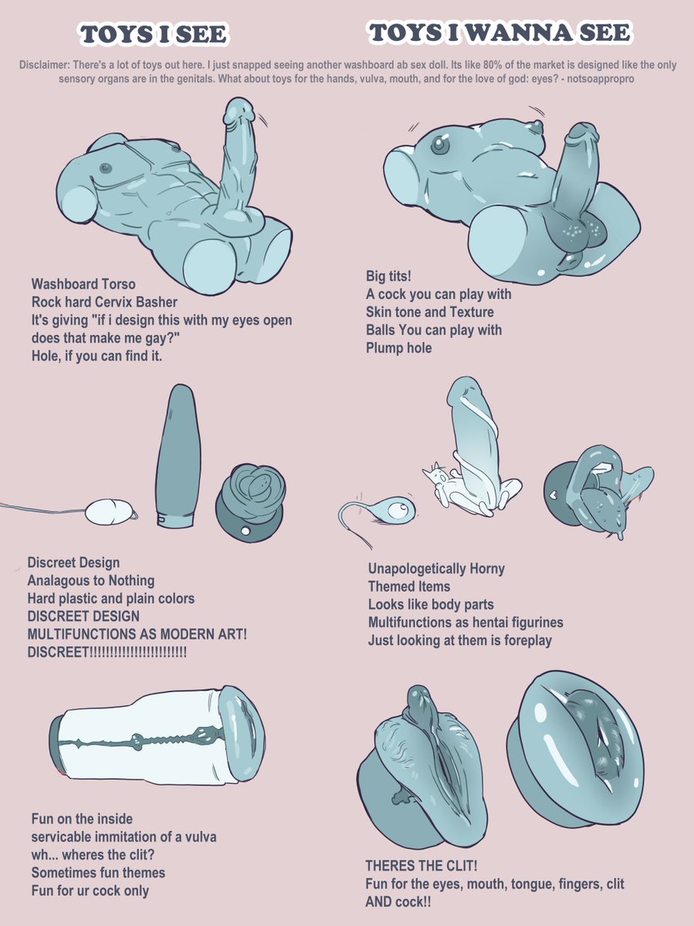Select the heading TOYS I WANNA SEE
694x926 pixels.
pos(499,33)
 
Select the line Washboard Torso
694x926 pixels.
pos(83,285)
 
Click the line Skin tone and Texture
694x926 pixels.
pos(430,313)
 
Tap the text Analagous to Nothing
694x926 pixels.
pos(91,580)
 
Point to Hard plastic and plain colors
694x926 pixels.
pos(111,598)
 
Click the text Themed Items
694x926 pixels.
pos(409,586)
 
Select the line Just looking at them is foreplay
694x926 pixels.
pos(459,640)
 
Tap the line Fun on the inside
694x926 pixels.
pos(82,819)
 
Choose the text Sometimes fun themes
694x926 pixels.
pos(98,873)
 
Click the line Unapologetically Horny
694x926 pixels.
pos(436,569)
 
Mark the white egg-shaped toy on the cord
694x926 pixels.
pos(110,510)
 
